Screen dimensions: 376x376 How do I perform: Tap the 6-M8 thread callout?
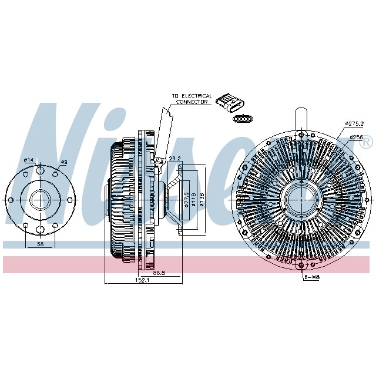[311, 277]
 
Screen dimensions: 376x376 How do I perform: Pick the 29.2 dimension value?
[174, 159]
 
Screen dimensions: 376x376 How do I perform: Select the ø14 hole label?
[28, 160]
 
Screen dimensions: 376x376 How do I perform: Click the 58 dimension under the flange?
[39, 243]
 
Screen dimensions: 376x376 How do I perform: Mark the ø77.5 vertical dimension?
[186, 200]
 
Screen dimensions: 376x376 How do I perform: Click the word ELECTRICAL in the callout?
[196, 96]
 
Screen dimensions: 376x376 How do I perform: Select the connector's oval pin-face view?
[241, 119]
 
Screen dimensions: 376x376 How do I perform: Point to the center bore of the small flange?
[39, 199]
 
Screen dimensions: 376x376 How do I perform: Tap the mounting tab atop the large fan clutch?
[301, 117]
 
